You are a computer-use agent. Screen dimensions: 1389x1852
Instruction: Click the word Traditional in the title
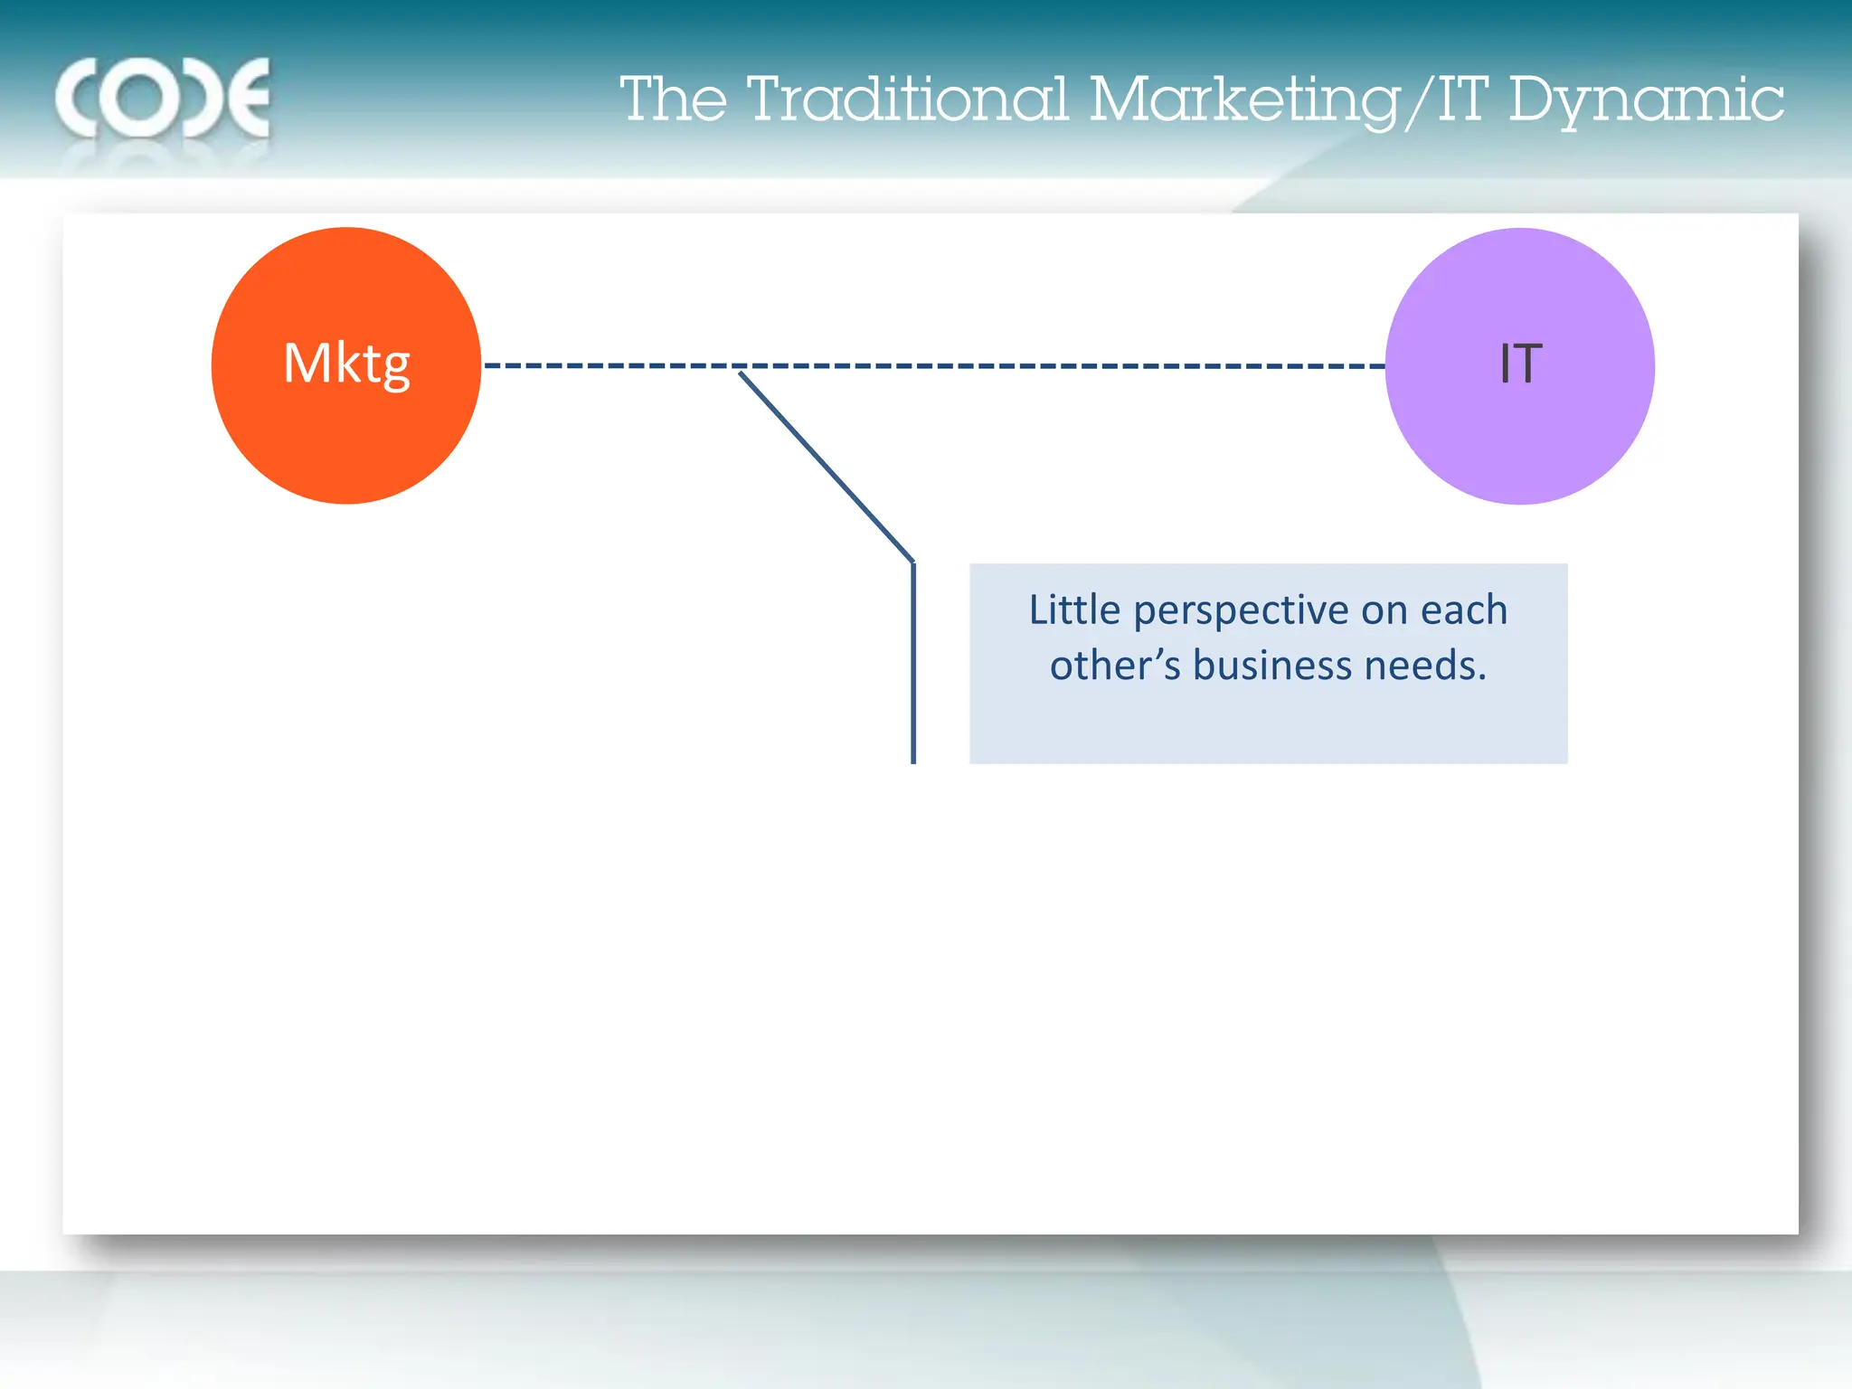click(x=908, y=99)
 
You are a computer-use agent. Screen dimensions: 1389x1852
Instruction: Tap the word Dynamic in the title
click(x=1646, y=99)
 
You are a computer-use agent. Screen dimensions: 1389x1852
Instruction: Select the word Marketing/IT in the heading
click(x=1288, y=99)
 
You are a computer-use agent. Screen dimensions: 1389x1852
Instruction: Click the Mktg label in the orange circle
click(x=346, y=364)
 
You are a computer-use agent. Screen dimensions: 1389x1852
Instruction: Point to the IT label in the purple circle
click(x=1520, y=364)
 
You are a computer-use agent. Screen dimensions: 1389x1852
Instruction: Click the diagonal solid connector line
click(x=825, y=466)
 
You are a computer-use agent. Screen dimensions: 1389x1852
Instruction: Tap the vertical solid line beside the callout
click(x=913, y=665)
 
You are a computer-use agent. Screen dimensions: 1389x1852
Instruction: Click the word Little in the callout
click(x=1074, y=610)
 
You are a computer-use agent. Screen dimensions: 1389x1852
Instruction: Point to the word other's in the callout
click(x=1114, y=666)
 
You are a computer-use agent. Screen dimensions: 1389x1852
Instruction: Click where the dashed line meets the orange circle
click(x=484, y=365)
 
